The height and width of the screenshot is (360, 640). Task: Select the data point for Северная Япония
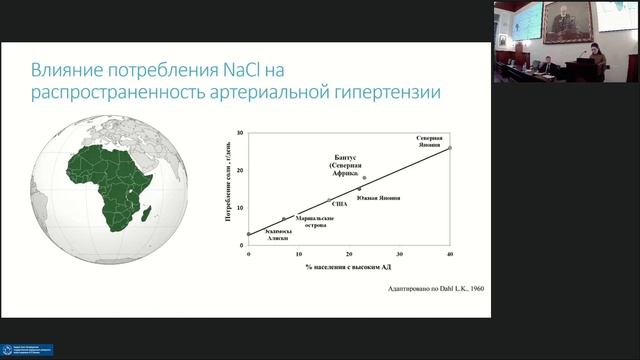pos(450,147)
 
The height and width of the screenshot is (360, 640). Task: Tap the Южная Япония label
pos(378,197)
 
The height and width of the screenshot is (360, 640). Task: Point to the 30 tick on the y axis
pos(241,133)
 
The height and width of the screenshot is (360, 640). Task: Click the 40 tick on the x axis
pos(450,257)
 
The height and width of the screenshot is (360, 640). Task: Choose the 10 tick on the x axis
pos(299,257)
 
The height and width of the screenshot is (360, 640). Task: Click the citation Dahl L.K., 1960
pos(440,290)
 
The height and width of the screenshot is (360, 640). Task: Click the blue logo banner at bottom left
pos(27,350)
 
